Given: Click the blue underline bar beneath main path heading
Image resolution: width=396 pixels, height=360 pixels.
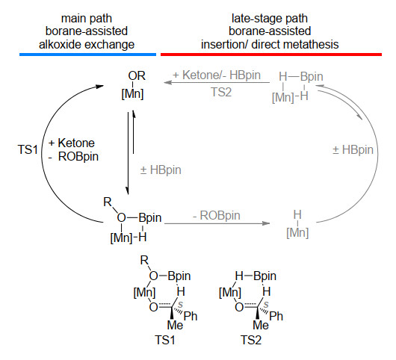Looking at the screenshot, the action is coord(87,55).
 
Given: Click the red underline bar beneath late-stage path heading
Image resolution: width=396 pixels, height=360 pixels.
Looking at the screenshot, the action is coord(271,55).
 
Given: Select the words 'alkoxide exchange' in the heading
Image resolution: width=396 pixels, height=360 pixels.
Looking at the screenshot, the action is coord(87,45).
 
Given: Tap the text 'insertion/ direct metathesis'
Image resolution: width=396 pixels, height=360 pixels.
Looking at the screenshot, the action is coord(270,45).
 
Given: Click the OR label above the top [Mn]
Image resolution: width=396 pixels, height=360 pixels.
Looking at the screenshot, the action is coord(137,75).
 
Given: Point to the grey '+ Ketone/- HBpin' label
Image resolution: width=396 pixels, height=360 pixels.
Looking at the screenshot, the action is coord(217,75).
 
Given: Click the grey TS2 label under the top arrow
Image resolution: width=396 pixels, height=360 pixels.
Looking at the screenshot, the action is coord(221,92).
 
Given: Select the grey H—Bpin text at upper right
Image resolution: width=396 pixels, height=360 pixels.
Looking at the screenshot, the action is coord(301,76).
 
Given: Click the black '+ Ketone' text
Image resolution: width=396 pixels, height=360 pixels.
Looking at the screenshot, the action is coord(72,143).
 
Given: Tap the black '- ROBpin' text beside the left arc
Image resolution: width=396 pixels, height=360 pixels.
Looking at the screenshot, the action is coord(73,157).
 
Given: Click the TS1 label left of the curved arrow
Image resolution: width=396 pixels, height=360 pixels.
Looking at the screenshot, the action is coord(28,149).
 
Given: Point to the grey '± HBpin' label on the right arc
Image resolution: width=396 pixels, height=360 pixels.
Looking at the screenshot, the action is coord(353,150).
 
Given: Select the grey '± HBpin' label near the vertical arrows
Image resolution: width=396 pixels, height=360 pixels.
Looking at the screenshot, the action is coord(161,170).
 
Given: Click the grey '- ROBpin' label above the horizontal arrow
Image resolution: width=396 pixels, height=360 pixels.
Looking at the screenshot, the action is coord(217,216).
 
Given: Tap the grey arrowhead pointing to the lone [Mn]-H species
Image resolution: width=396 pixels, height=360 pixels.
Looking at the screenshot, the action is coord(266,223).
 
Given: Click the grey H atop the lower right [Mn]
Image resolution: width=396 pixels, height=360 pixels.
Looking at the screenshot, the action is coord(297,215).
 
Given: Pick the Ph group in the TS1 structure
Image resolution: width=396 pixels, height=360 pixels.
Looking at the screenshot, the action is coord(191,316).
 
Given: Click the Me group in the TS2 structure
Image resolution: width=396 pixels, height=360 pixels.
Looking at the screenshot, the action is coord(261,325).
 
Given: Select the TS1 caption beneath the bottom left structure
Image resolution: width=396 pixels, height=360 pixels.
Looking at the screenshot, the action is coord(165,340).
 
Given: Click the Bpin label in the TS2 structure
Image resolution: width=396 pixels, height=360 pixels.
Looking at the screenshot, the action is coord(265,276).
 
